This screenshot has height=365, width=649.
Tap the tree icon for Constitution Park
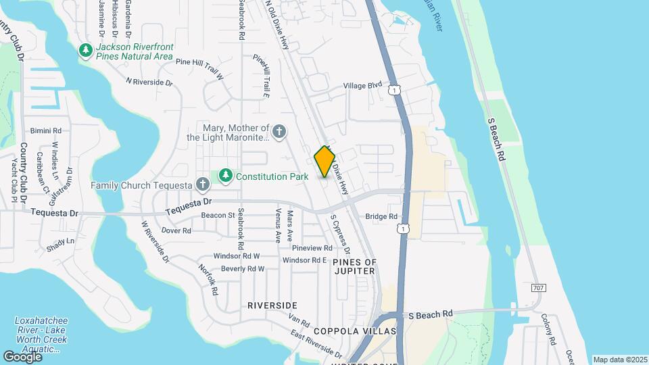[225, 177]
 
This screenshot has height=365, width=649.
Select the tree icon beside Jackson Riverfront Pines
[86, 51]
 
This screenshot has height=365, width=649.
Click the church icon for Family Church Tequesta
[202, 184]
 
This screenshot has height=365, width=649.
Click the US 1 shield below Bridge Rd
[404, 230]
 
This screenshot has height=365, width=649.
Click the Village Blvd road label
[363, 86]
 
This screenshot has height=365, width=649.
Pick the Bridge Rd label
[381, 217]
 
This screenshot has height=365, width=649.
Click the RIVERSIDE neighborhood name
[272, 306]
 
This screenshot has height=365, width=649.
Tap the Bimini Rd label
[46, 130]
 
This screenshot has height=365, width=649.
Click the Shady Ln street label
[61, 241]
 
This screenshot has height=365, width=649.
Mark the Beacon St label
[218, 216]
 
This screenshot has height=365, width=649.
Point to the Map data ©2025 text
[619, 360]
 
